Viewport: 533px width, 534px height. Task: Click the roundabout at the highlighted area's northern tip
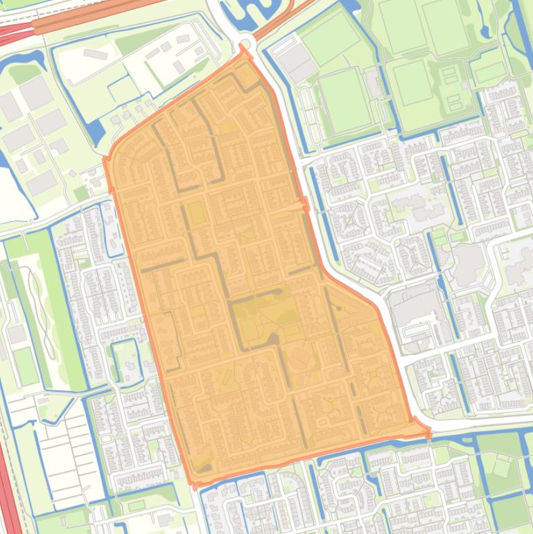(243, 49)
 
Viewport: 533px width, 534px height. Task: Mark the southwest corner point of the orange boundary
(193, 483)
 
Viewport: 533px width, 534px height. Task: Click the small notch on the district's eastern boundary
(304, 203)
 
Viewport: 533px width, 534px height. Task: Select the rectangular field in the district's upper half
(197, 213)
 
